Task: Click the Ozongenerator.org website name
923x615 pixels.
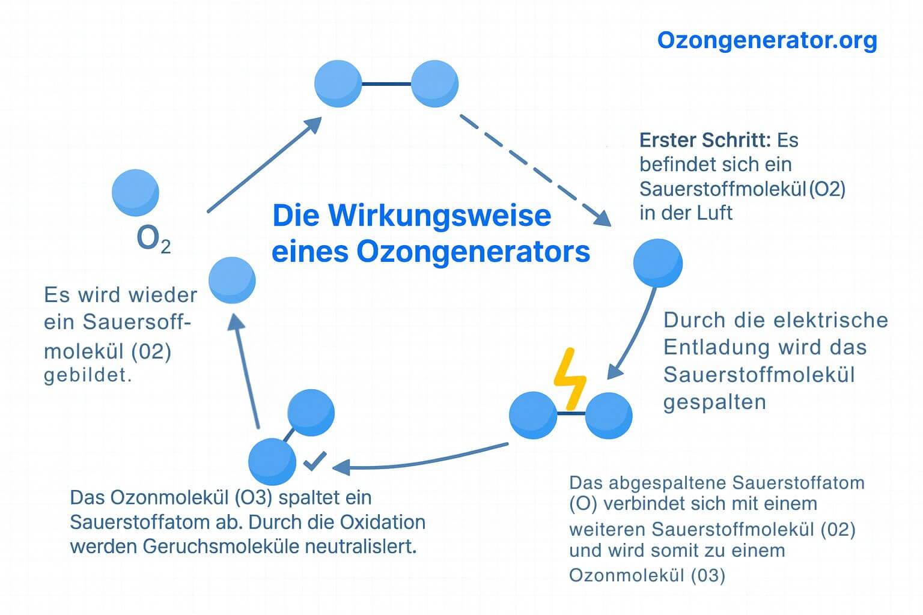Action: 767,40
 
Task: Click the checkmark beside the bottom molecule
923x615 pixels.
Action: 315,461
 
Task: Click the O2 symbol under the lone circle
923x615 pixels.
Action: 153,239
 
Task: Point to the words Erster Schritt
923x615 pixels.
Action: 705,140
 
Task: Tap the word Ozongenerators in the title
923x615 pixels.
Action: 473,252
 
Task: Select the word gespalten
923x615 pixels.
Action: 714,402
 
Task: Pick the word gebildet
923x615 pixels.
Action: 88,375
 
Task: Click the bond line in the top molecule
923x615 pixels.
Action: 386,84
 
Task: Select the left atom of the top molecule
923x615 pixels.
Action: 338,84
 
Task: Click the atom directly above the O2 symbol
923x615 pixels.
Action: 136,193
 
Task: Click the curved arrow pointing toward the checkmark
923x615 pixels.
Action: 421,461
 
